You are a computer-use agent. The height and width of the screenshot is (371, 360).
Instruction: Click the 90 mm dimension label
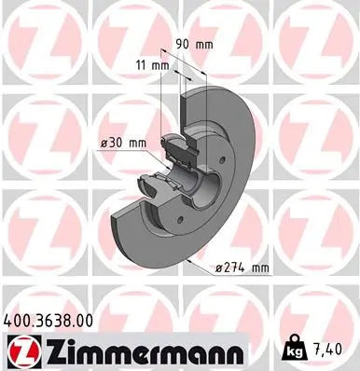[x=194, y=43]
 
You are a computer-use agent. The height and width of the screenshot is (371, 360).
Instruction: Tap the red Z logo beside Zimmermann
[x=20, y=350]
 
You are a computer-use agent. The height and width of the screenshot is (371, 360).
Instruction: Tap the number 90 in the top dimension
[x=182, y=43]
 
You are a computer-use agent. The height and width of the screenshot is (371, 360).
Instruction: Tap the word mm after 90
[x=205, y=43]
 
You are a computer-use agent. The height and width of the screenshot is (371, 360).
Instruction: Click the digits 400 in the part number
[x=17, y=320]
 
